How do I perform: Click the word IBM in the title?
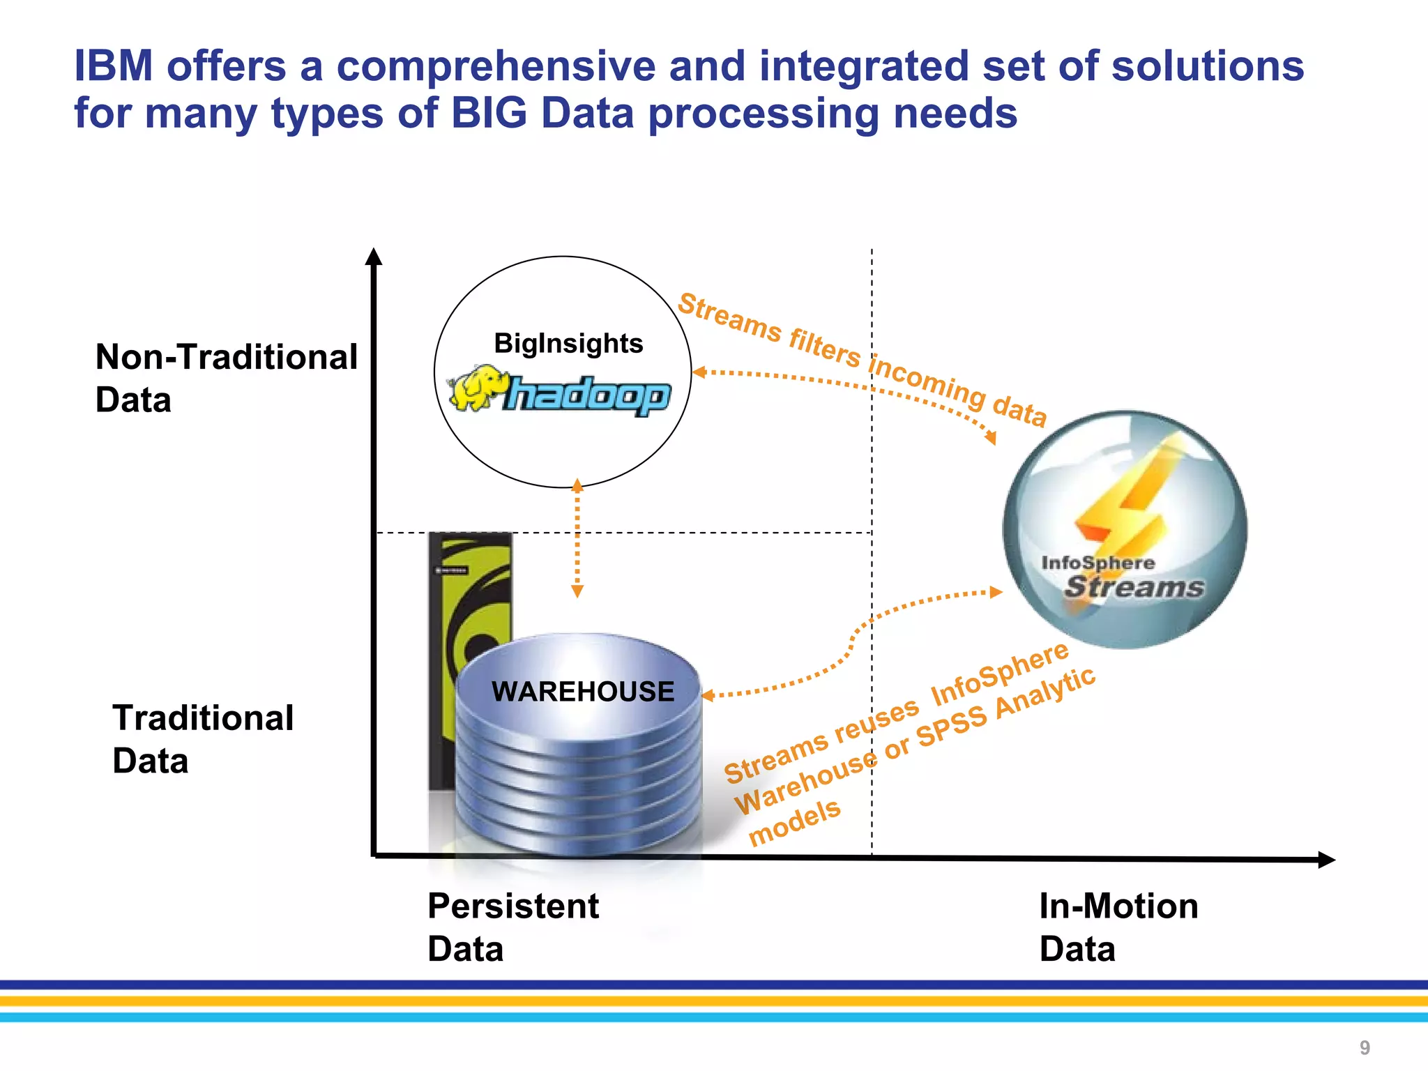click(x=113, y=66)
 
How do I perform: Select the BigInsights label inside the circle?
click(x=568, y=344)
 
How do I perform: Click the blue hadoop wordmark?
click(x=588, y=395)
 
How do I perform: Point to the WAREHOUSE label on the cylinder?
click(x=583, y=692)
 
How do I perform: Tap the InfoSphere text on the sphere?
click(x=1097, y=563)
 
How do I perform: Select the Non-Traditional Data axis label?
click(x=226, y=378)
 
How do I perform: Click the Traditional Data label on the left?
click(x=202, y=738)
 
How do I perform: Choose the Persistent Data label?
click(x=512, y=927)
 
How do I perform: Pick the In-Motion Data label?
click(x=1118, y=927)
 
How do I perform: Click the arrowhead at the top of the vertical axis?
click(x=374, y=257)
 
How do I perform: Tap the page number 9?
click(x=1365, y=1047)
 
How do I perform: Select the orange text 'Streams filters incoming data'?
click(x=863, y=359)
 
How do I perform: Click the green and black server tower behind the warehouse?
click(x=469, y=593)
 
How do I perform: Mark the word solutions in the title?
click(x=1207, y=66)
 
